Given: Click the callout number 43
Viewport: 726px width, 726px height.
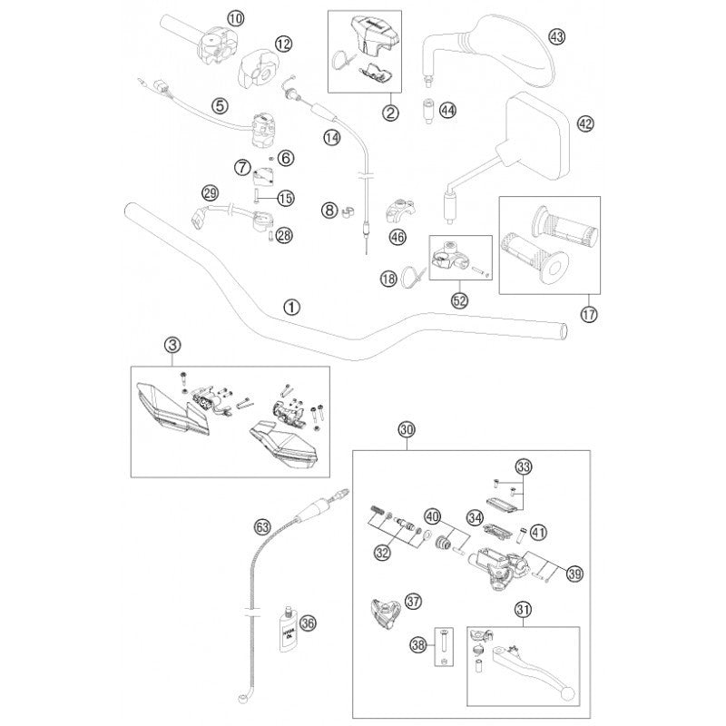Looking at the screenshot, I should click(x=556, y=35).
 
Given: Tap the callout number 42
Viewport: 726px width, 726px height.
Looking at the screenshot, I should click(x=584, y=123).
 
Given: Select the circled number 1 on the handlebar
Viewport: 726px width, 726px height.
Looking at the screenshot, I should click(x=290, y=307).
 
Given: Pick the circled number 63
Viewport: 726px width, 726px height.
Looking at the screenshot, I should click(x=262, y=525).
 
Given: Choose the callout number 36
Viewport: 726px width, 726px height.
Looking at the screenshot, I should click(x=307, y=623).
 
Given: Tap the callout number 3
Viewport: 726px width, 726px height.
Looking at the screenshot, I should click(x=173, y=344).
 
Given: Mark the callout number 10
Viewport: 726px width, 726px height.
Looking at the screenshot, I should click(x=235, y=17).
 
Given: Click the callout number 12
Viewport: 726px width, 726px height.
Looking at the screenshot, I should click(x=283, y=43).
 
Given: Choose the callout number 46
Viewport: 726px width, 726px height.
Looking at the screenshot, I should click(x=395, y=238).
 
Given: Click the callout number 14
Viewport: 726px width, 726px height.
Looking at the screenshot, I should click(x=331, y=138).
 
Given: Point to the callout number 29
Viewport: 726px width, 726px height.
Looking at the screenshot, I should click(x=210, y=192).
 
